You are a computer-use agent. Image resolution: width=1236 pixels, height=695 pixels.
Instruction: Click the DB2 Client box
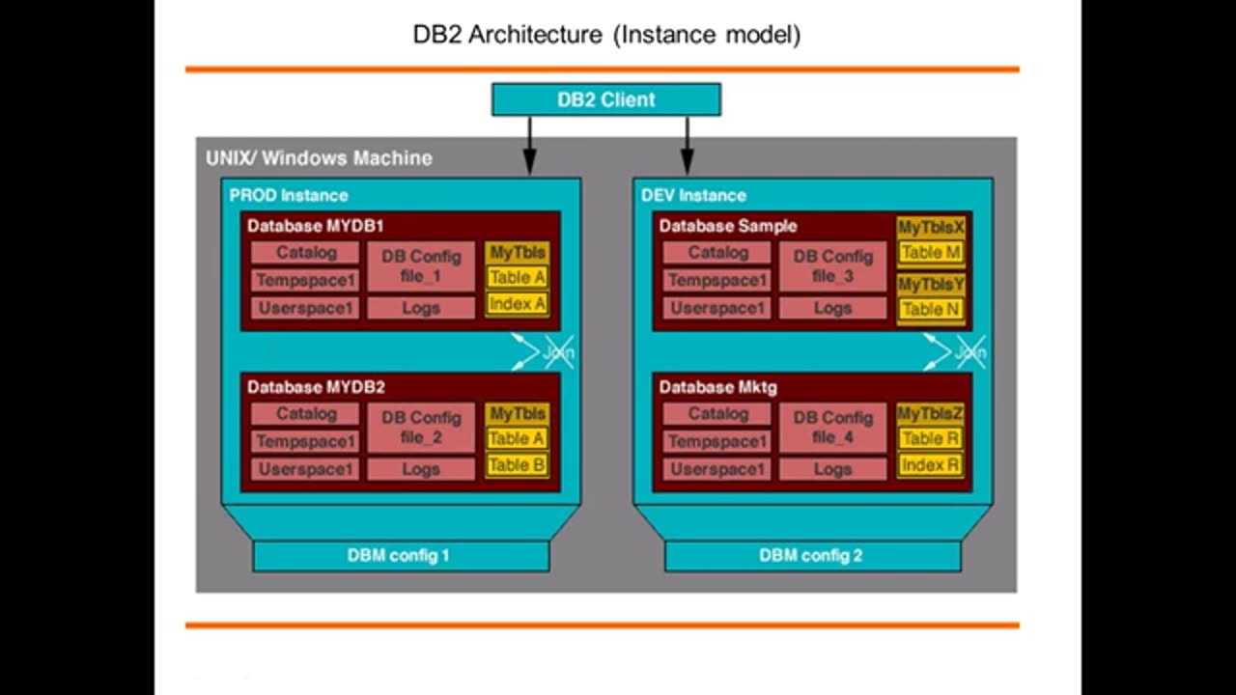click(605, 99)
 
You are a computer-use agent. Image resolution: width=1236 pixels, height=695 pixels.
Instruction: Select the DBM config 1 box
click(400, 556)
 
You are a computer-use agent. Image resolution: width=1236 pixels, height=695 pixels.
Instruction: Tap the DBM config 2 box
click(811, 556)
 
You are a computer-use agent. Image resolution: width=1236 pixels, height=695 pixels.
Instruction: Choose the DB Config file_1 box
click(421, 266)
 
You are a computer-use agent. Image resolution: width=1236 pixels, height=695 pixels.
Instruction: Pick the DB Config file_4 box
click(832, 428)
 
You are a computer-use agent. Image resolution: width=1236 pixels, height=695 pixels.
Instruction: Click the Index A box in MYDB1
click(517, 304)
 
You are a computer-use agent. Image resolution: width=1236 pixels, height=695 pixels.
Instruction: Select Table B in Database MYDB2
click(517, 465)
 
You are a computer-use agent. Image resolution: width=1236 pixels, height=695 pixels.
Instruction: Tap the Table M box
click(930, 253)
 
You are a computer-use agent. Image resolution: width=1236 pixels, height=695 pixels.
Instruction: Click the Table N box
click(930, 310)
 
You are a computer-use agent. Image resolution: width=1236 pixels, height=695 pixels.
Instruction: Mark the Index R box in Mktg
click(930, 465)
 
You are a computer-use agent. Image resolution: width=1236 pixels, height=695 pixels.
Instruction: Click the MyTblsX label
click(930, 228)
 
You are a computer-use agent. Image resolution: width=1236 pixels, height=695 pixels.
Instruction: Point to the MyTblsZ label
click(930, 413)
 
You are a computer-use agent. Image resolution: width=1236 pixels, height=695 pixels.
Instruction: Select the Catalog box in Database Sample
click(717, 253)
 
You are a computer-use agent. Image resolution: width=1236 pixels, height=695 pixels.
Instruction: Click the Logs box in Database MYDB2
click(421, 469)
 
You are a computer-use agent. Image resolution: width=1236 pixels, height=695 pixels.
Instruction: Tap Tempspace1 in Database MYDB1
click(306, 281)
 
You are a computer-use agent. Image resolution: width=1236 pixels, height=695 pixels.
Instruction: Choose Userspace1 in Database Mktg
click(717, 469)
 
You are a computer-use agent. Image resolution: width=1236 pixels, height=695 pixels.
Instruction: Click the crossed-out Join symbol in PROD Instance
click(546, 352)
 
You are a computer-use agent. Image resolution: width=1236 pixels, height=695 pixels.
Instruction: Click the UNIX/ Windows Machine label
click(319, 158)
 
